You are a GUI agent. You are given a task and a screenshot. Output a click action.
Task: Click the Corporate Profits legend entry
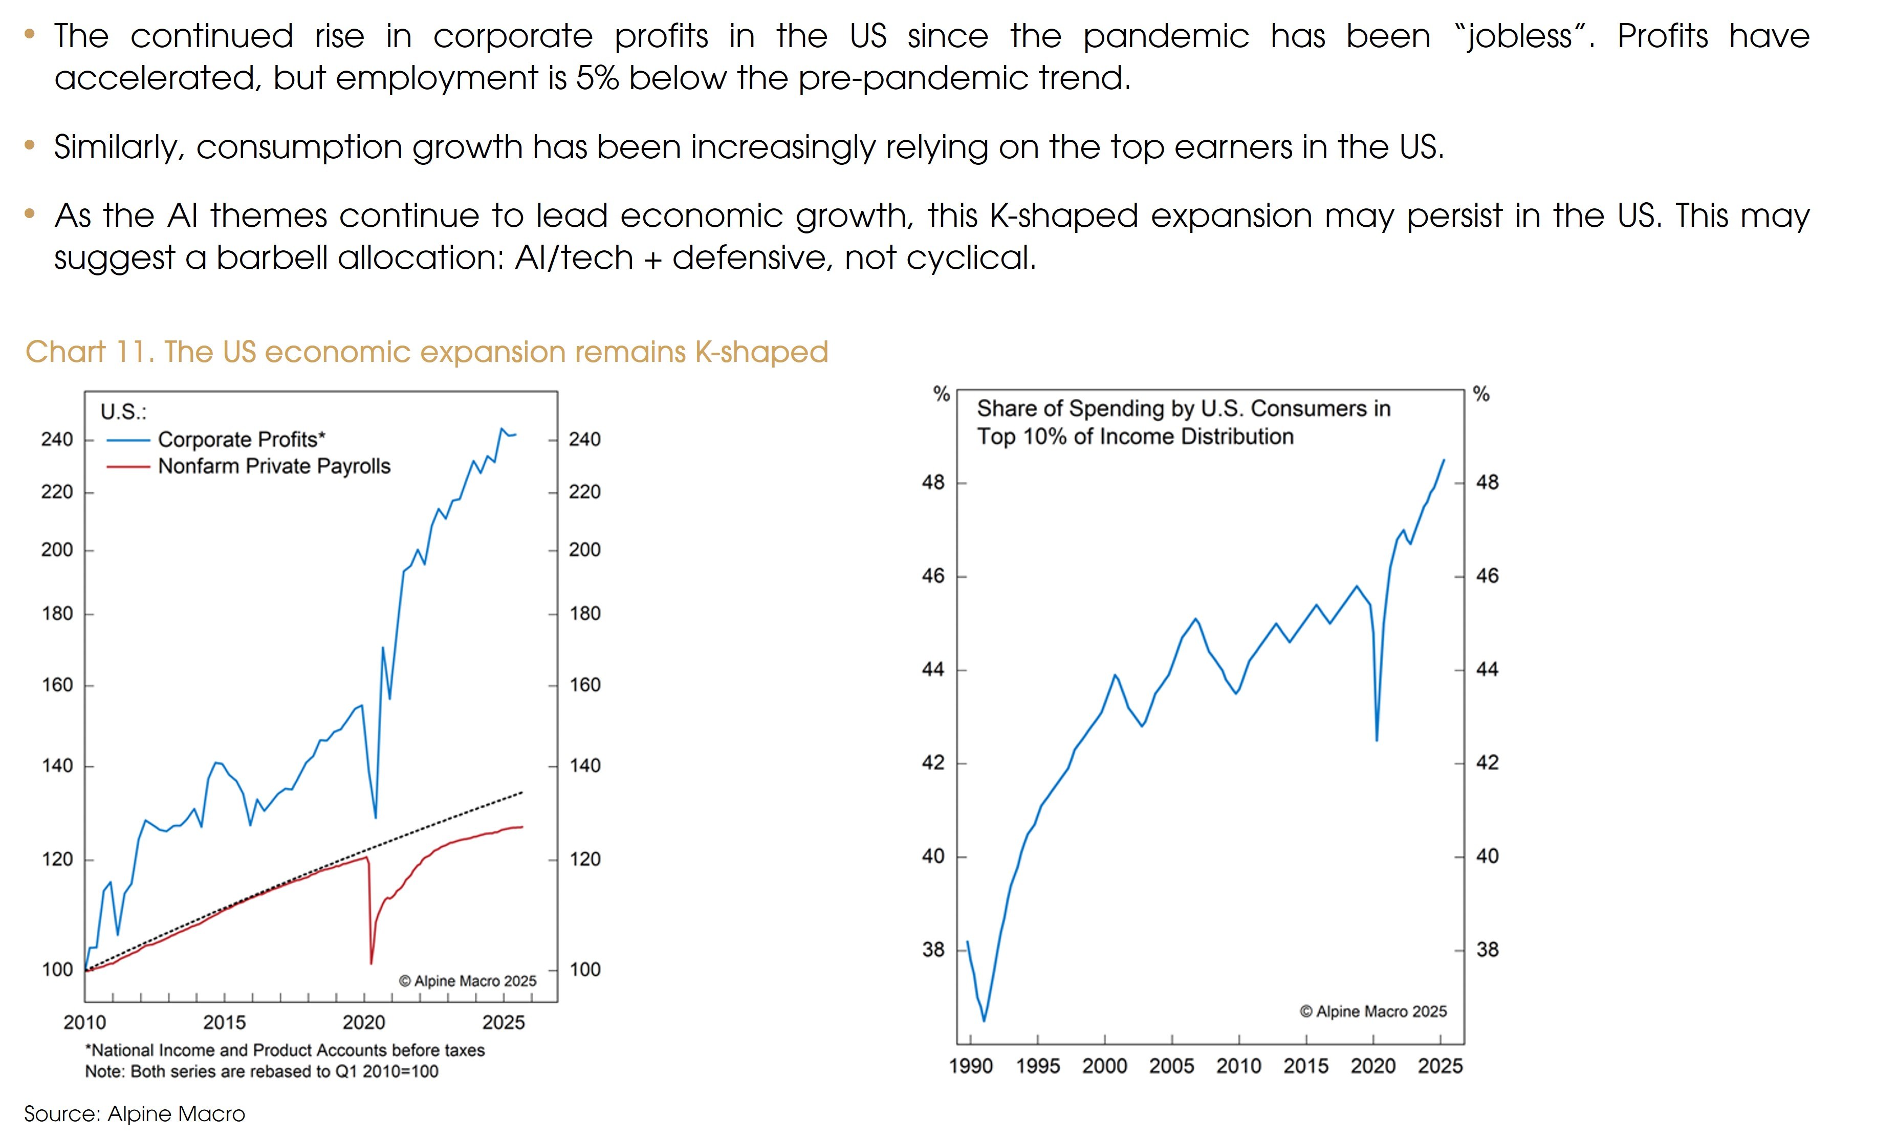tap(241, 439)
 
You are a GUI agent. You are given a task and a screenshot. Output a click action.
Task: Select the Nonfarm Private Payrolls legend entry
tap(274, 466)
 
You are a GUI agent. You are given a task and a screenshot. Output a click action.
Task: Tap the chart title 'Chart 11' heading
tap(427, 352)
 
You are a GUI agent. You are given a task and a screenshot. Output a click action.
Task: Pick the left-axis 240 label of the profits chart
tap(57, 439)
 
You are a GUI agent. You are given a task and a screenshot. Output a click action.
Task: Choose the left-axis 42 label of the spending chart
tap(933, 762)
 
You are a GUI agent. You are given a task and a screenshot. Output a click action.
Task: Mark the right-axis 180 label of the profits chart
tap(584, 613)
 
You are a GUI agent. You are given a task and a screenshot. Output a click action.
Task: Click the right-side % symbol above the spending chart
tap(1480, 395)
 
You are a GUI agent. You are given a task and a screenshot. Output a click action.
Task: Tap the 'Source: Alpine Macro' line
tap(134, 1114)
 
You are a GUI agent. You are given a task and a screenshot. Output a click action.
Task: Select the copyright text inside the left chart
tap(467, 981)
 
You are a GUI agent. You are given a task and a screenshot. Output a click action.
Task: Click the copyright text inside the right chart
tap(1372, 1012)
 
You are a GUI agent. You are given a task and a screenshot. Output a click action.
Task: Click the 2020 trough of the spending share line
tap(1377, 740)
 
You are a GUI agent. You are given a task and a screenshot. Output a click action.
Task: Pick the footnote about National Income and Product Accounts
tap(285, 1050)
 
